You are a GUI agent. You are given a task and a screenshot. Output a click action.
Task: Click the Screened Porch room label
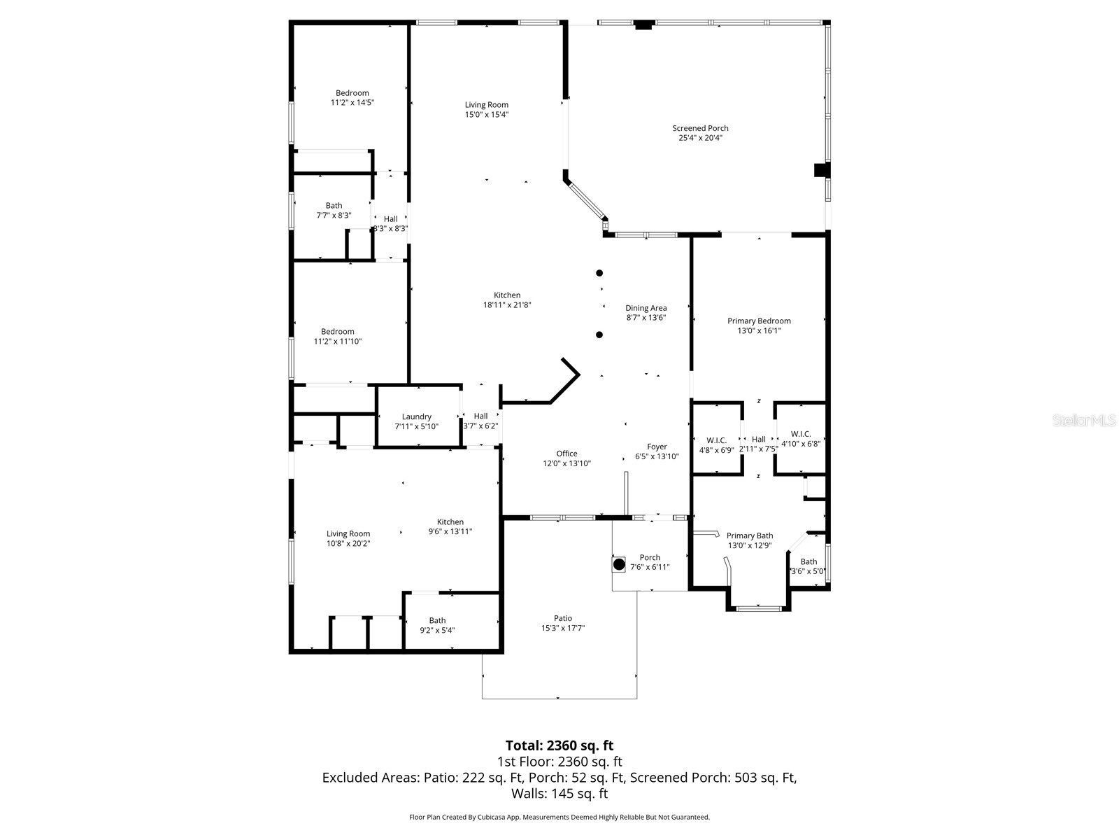(700, 129)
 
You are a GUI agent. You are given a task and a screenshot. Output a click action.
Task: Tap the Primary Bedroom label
(759, 321)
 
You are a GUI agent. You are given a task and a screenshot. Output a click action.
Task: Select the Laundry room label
(417, 416)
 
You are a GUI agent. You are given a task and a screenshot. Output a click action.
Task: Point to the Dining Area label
(646, 308)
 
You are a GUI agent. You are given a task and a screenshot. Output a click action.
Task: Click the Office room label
(566, 454)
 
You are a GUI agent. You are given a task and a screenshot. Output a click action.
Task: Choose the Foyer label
(657, 447)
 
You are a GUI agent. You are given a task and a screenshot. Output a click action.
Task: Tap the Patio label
(563, 618)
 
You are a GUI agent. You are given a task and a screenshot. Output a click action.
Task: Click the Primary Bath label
(750, 535)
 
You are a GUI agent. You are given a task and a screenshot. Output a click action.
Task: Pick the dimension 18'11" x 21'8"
(507, 305)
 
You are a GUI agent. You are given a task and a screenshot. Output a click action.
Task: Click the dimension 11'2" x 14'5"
(352, 102)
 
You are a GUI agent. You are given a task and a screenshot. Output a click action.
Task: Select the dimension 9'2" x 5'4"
(437, 630)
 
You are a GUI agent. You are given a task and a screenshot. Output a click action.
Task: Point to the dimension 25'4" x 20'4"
(700, 138)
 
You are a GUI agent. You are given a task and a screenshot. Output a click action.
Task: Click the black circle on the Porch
(619, 564)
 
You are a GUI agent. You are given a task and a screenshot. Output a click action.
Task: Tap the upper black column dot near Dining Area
(599, 273)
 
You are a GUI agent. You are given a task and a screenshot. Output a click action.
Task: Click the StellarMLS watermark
(1084, 421)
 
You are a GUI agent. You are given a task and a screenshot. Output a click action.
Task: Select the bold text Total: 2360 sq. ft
(559, 745)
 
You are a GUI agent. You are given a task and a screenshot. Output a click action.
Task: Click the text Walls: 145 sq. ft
(559, 794)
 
